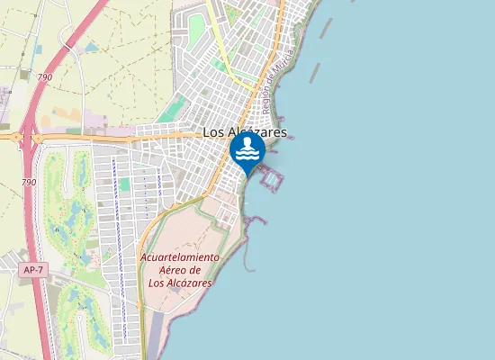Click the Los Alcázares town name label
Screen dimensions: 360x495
245,131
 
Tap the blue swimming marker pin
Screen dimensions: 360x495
247,151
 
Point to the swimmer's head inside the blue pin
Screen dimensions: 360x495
247,142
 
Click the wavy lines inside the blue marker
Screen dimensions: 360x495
247,156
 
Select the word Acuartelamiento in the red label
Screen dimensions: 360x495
179,257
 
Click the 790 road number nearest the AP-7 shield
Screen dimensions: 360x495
29,183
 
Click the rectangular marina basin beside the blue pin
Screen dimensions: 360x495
270,180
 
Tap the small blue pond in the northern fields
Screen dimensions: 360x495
91,47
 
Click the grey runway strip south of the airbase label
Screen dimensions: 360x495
155,333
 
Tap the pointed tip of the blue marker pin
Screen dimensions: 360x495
247,174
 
